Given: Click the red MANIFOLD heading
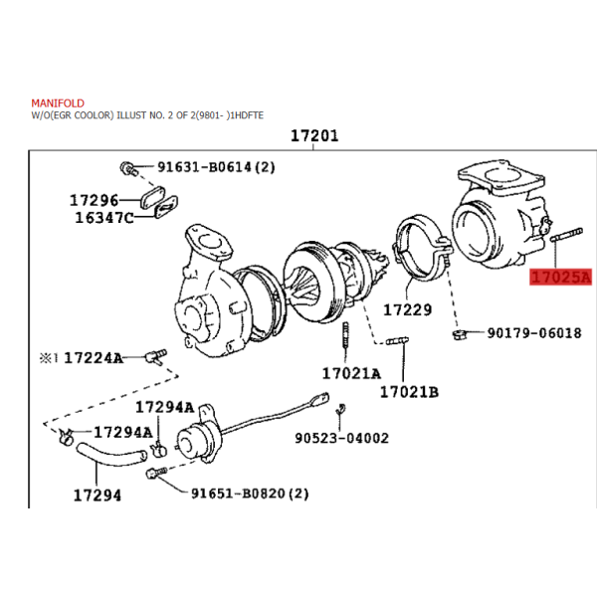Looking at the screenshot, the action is (58, 103).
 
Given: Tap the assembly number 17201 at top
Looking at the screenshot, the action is (314, 136).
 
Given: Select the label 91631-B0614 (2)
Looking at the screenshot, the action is (216, 167).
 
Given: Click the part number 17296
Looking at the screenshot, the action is (95, 200).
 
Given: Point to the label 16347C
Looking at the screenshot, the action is (104, 218).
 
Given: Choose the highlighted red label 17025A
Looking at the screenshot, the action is (561, 277).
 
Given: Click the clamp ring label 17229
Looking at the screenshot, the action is (407, 309).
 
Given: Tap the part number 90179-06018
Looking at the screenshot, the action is (534, 333).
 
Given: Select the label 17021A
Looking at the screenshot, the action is (351, 373).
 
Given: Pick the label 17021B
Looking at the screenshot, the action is (409, 392).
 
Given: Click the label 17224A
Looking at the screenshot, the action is (94, 358).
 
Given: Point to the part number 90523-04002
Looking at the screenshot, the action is (342, 438).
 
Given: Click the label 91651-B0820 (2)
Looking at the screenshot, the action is (250, 494).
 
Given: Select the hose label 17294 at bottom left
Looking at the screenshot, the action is (98, 496).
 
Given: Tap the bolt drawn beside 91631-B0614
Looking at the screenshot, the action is (128, 168).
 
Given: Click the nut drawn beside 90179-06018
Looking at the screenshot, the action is (460, 334).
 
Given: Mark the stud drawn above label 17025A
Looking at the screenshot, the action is (566, 235).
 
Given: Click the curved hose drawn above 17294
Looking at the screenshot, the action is (111, 455).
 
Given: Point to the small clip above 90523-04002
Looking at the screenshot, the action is (340, 409).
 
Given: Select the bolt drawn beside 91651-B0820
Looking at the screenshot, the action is (156, 473).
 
